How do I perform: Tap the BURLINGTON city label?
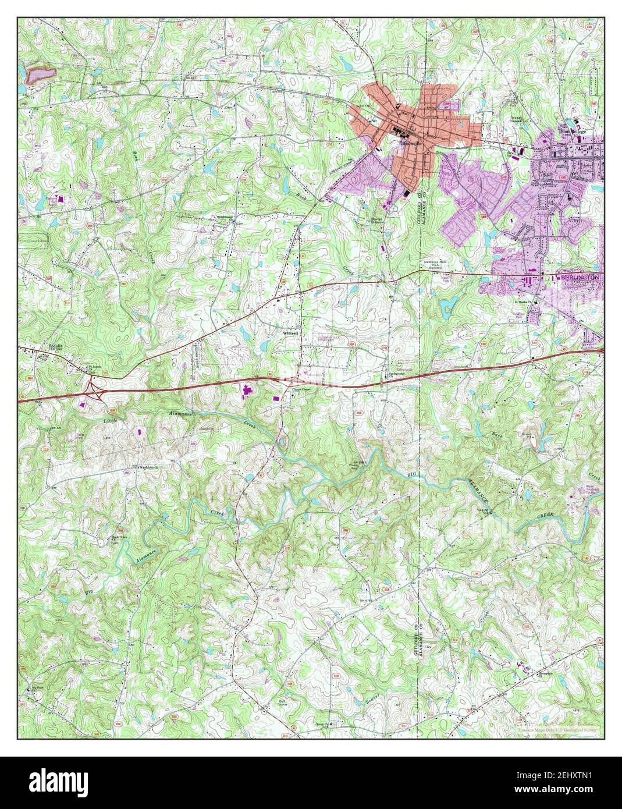click(x=580, y=279)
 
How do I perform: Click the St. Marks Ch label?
click(x=522, y=302)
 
